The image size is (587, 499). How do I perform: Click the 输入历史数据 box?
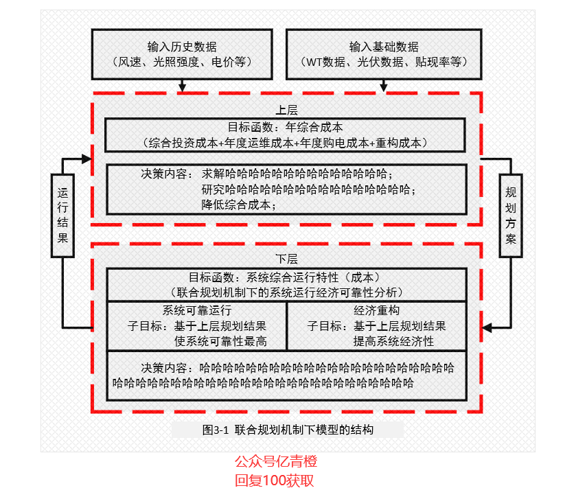pos(182,54)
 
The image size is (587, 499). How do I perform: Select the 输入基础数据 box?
pos(384,54)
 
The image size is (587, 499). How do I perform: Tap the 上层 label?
pos(286,110)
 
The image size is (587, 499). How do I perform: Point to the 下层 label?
pos(286,259)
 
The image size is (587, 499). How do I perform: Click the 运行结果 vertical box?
pos(62,216)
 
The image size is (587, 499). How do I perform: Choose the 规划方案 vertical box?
pos(511,216)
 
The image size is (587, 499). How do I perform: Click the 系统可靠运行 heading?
pos(197,310)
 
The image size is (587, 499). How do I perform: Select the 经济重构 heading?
pos(377,310)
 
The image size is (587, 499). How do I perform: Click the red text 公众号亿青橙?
pos(276,461)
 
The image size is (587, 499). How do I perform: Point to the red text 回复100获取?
pos(275,480)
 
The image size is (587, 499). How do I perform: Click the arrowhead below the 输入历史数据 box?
pos(183,88)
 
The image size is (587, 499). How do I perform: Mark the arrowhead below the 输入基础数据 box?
pos(384,88)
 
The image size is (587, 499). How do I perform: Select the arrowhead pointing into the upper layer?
pos(87,159)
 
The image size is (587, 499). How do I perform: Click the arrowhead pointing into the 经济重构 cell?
pos(487,328)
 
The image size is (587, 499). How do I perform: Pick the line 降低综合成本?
pos(238,205)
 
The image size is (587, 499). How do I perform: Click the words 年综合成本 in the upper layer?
pos(314,127)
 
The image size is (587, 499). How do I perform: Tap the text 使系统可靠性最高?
pos(220,341)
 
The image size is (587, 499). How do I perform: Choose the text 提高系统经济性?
pos(394,341)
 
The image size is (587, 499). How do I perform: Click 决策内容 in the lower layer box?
pos(164,368)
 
